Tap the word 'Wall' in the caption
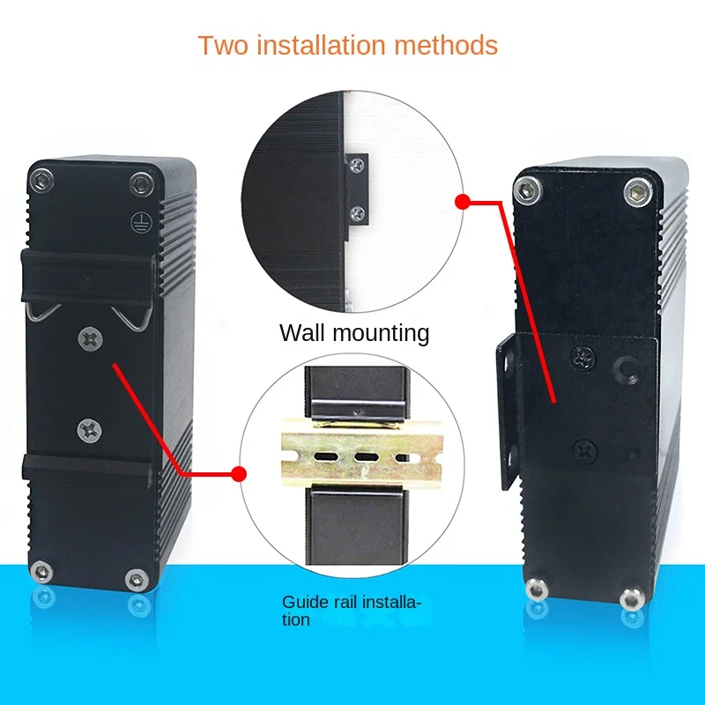(303, 333)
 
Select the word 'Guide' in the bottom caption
(301, 603)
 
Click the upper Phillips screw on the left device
(89, 338)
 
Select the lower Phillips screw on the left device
(89, 429)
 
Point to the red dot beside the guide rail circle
(238, 474)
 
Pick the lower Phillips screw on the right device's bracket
(584, 450)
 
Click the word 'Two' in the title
(219, 45)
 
